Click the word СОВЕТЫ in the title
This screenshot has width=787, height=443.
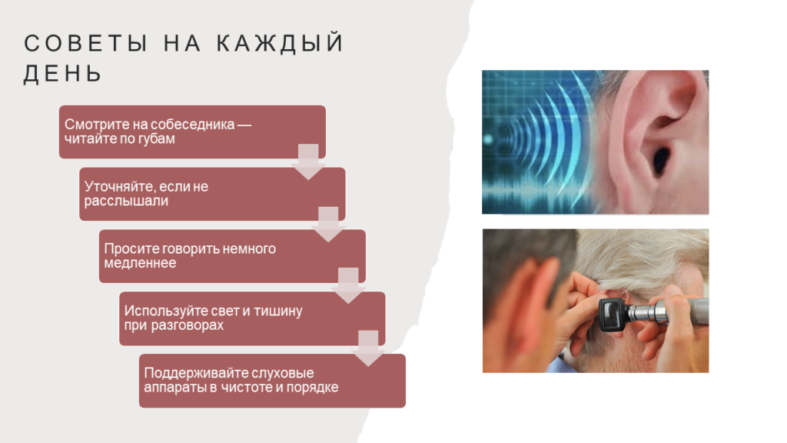pos(86,43)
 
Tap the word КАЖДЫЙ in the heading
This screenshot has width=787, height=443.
pos(280,44)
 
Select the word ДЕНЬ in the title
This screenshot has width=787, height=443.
pos(63,74)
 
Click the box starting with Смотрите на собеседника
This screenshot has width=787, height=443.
pos(192,132)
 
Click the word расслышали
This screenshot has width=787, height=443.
pos(126,201)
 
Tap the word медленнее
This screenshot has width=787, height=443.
pos(140,263)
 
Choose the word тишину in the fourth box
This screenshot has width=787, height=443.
pos(278,311)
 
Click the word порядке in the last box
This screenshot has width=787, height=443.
pos(314,388)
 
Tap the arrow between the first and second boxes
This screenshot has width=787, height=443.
pos(308,162)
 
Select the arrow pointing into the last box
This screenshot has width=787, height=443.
pos(368,348)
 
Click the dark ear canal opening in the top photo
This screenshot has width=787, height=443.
pos(660,160)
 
